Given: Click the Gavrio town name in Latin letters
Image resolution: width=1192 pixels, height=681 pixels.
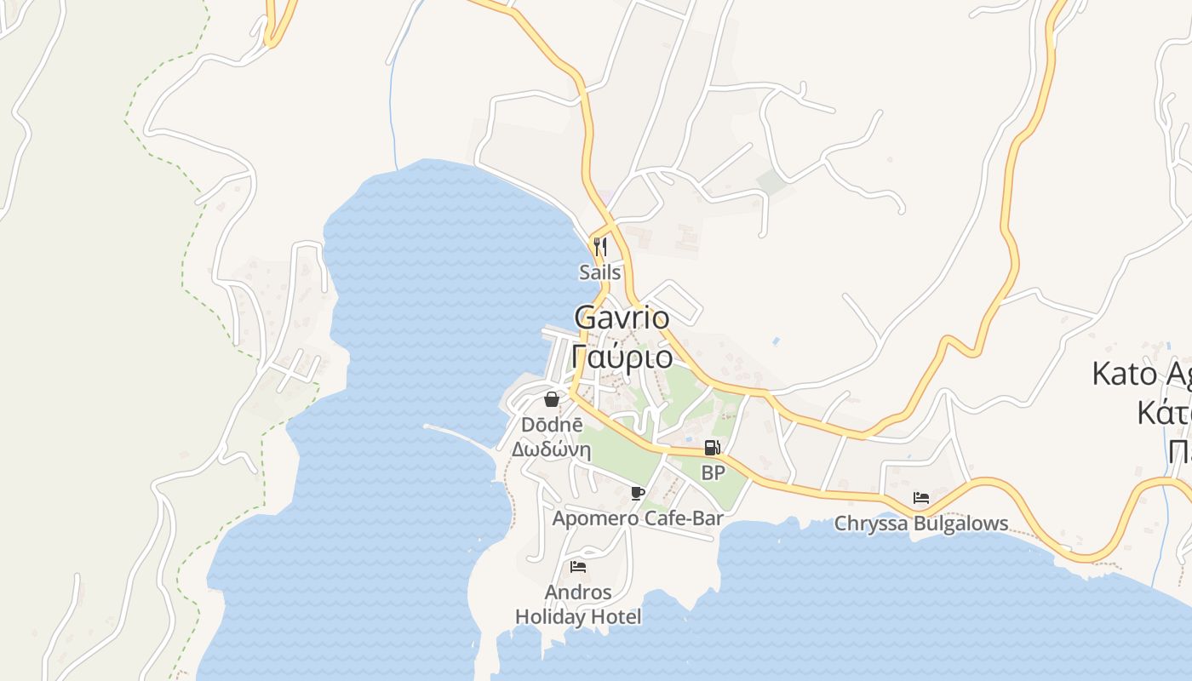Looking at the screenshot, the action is tap(622, 318).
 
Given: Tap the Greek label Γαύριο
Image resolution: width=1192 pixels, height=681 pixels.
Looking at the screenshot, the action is tap(622, 355).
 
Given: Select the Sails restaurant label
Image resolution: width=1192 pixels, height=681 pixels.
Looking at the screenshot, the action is tap(600, 272).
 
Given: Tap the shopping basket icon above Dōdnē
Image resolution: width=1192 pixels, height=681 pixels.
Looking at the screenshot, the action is tap(552, 399).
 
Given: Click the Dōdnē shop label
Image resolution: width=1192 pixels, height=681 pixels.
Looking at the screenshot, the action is tap(552, 424).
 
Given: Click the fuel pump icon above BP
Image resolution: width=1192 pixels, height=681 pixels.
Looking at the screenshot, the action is tap(712, 448).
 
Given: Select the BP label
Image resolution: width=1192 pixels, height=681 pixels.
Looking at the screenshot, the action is tap(713, 472).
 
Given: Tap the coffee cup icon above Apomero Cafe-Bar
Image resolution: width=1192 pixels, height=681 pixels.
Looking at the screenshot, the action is tap(638, 493).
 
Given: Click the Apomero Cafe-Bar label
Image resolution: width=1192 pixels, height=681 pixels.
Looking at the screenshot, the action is tap(638, 518).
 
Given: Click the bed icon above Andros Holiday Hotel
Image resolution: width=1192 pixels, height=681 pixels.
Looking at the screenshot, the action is tap(578, 566).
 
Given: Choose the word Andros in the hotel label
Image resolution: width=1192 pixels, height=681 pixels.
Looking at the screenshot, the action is tap(578, 592).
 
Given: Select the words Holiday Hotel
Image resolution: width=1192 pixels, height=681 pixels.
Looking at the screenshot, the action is tap(578, 616).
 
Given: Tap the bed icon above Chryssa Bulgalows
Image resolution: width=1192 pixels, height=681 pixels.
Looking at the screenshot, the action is tap(920, 498).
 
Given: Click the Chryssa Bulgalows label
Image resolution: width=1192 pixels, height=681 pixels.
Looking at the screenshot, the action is tap(920, 523).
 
